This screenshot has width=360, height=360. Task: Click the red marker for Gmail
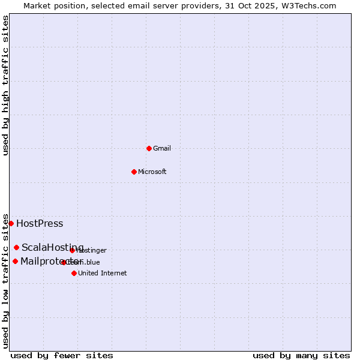pos(149,148)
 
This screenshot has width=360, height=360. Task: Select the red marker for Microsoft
pos(134,172)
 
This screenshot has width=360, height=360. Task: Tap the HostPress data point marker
pos(11,223)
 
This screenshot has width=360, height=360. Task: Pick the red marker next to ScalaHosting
pos(16,247)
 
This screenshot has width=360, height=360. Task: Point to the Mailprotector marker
pos(15,261)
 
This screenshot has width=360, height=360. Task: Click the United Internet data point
pos(74,273)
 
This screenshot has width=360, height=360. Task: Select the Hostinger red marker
pos(72,250)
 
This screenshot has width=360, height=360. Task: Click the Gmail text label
pos(162,148)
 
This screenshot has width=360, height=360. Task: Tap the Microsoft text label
pos(152,172)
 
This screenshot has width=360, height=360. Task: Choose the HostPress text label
pos(40,224)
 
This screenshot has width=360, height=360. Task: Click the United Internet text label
pos(102,273)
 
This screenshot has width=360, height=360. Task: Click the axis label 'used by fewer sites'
pos(62,355)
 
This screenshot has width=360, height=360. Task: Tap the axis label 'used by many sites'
pos(301,355)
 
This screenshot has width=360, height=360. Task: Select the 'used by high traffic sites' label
pos(5,86)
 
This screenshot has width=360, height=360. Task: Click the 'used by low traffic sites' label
pos(5,280)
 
